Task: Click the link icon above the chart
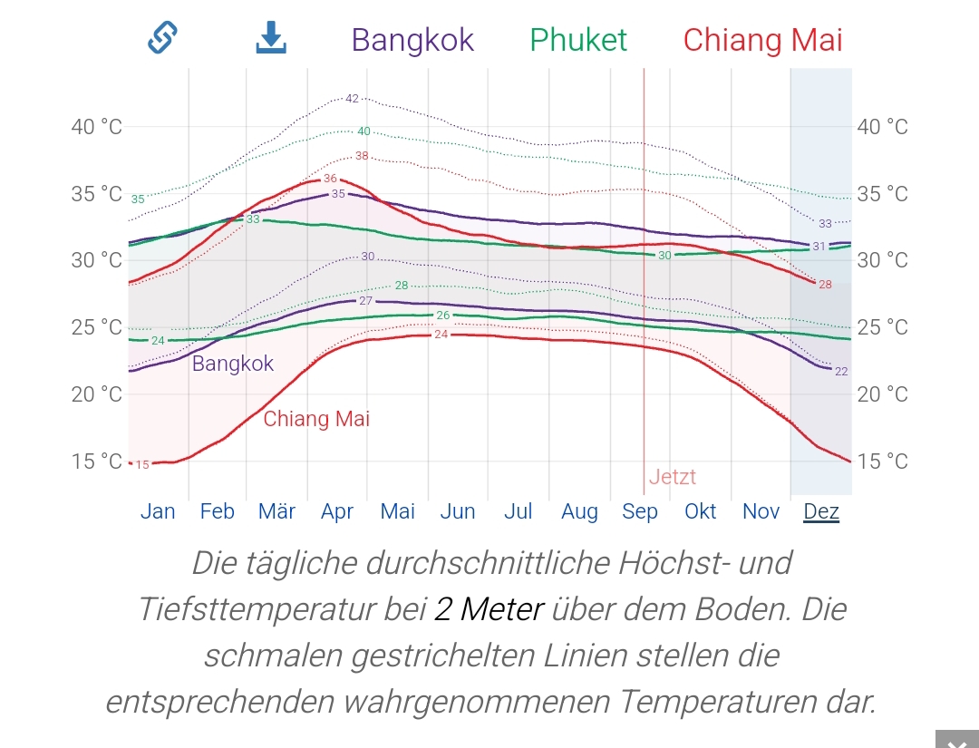(x=162, y=37)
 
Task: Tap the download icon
(x=271, y=37)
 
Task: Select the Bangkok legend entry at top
(x=412, y=40)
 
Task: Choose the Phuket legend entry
(x=578, y=40)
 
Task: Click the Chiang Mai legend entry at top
(x=762, y=40)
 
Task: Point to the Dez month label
(x=821, y=511)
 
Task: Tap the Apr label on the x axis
(x=337, y=511)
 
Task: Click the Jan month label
(x=158, y=511)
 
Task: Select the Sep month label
(x=640, y=511)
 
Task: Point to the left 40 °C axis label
(x=96, y=127)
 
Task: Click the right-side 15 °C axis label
(x=882, y=461)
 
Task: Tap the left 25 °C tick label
(x=96, y=327)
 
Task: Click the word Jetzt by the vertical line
(x=673, y=478)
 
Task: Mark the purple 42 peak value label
(x=353, y=98)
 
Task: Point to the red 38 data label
(x=362, y=156)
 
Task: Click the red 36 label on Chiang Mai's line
(x=330, y=179)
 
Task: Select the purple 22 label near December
(x=841, y=371)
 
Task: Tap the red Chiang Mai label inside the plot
(x=316, y=420)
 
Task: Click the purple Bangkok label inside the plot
(x=233, y=364)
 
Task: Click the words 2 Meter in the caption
(x=489, y=609)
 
